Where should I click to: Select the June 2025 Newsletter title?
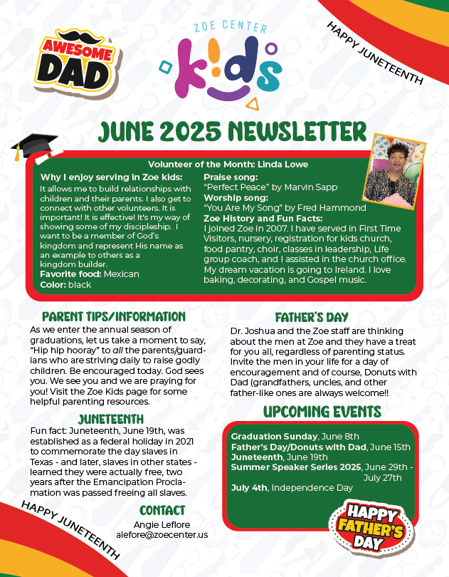223,133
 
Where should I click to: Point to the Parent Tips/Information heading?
114,316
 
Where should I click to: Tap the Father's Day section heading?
312,318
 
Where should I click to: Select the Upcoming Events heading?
322,412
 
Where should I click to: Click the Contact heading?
162,510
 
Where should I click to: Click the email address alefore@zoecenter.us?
162,534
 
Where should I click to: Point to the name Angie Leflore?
162,524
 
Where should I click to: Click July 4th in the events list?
249,487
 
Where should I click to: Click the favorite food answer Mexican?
121,274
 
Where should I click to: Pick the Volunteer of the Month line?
228,165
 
